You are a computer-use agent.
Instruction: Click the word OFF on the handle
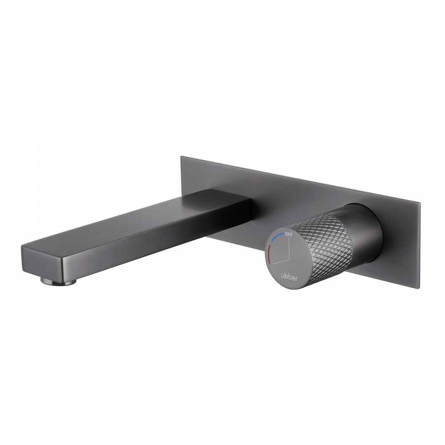pos(289,234)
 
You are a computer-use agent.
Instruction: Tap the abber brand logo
pos(289,276)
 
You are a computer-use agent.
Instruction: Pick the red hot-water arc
pos(269,257)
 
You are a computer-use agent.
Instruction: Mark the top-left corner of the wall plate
pos(181,157)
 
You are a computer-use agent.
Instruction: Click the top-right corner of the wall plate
pos(420,202)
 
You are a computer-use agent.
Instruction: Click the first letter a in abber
pos(282,275)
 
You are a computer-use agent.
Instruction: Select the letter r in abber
pos(297,277)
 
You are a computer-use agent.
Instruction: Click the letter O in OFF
pos(286,234)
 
